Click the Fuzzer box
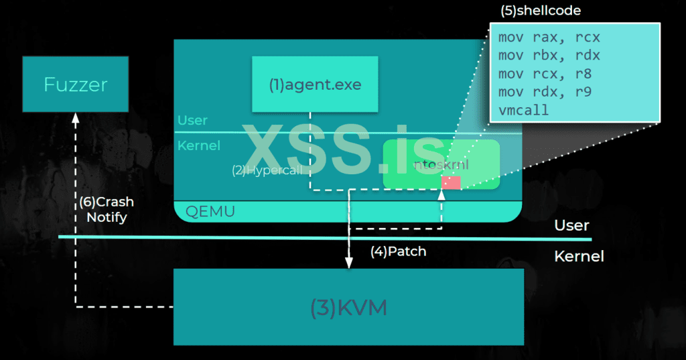tap(75, 84)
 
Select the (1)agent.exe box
tap(314, 84)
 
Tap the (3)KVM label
tap(348, 308)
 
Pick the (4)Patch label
tap(398, 252)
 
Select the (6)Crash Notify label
tap(106, 209)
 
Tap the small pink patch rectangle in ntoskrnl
tap(451, 182)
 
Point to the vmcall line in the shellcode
tap(523, 110)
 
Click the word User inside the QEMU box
tap(192, 121)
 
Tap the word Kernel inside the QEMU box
tap(198, 145)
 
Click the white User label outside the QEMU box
tap(571, 225)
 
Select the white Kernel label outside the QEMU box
tap(579, 257)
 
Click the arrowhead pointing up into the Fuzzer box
tap(75, 118)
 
